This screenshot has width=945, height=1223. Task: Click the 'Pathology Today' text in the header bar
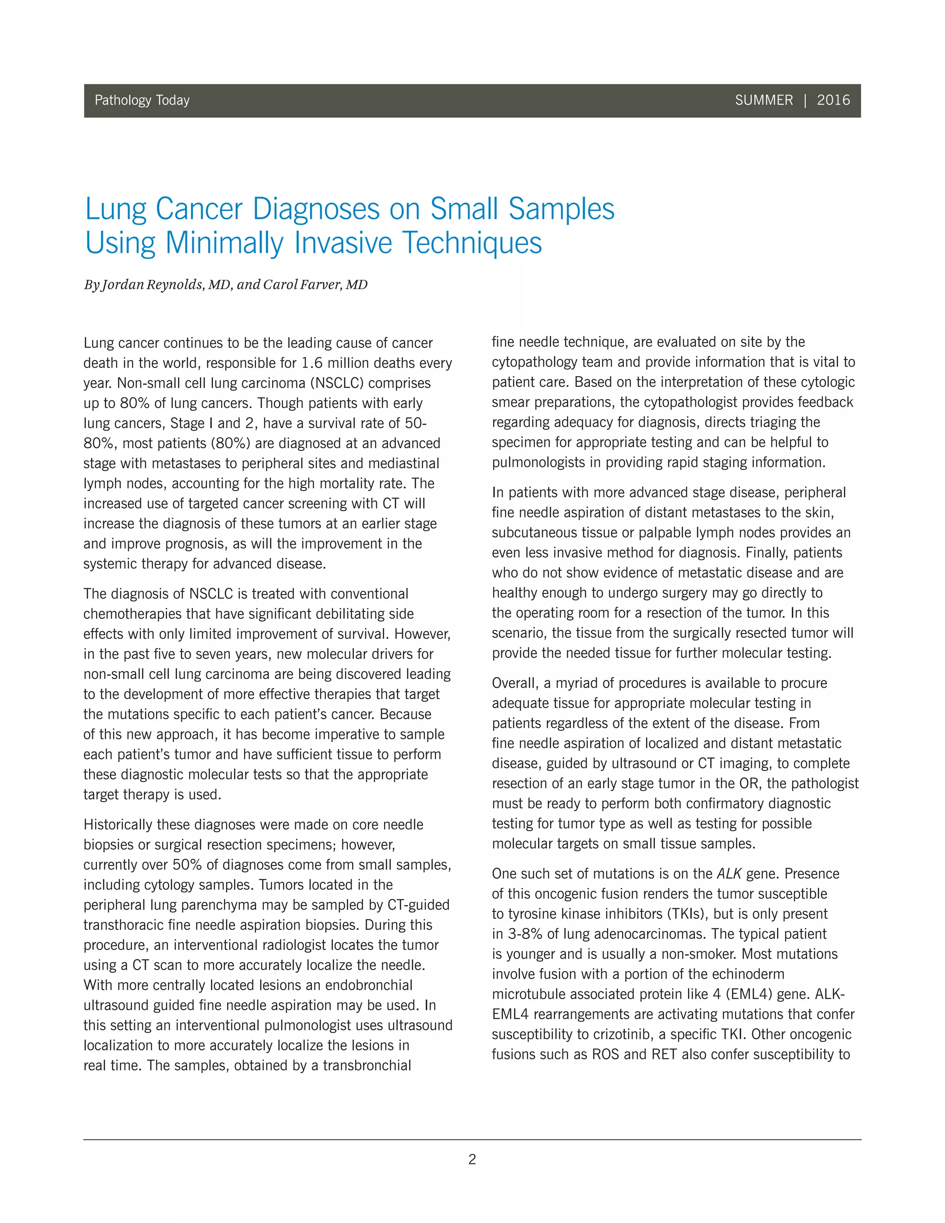(x=142, y=100)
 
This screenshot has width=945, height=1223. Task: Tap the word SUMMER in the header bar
(x=764, y=100)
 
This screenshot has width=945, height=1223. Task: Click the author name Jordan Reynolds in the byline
(x=151, y=284)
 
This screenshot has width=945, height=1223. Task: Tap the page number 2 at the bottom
(x=472, y=1159)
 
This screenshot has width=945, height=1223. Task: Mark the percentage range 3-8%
(x=525, y=935)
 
